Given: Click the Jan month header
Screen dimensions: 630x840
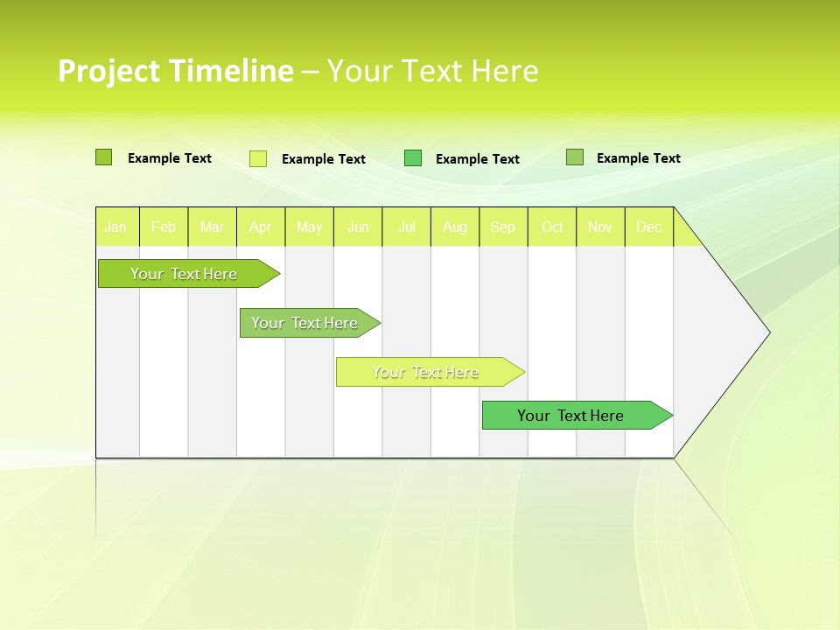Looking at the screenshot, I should pos(115,227).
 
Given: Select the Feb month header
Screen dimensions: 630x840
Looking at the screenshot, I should pos(164,227).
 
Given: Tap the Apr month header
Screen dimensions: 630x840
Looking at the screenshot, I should pos(261,227).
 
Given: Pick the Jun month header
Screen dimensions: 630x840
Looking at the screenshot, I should pos(358,227).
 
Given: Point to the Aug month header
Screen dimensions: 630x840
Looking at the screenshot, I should pos(455,227).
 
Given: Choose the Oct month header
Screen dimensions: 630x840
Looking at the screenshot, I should pos(552,227).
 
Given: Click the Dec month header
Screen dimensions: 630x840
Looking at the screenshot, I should pos(649,227).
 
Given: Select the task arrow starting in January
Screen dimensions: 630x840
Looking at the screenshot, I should pos(185,274).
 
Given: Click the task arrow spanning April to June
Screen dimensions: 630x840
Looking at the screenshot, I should pos(306,323).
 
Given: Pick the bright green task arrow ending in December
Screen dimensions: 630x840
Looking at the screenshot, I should pos(572,416).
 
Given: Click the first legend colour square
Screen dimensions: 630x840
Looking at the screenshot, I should pos(103,157).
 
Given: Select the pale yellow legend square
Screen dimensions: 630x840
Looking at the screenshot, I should pos(257,158).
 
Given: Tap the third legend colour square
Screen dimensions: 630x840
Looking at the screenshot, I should pos(413,158).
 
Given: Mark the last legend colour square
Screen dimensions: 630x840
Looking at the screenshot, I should pos(574,157).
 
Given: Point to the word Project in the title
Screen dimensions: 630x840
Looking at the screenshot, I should pos(109,71).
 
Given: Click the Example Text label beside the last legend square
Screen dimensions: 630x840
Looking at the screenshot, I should pos(638,157).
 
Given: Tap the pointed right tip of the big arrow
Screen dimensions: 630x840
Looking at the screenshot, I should pos(766,332).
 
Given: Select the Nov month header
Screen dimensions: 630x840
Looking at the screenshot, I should pos(600,227).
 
